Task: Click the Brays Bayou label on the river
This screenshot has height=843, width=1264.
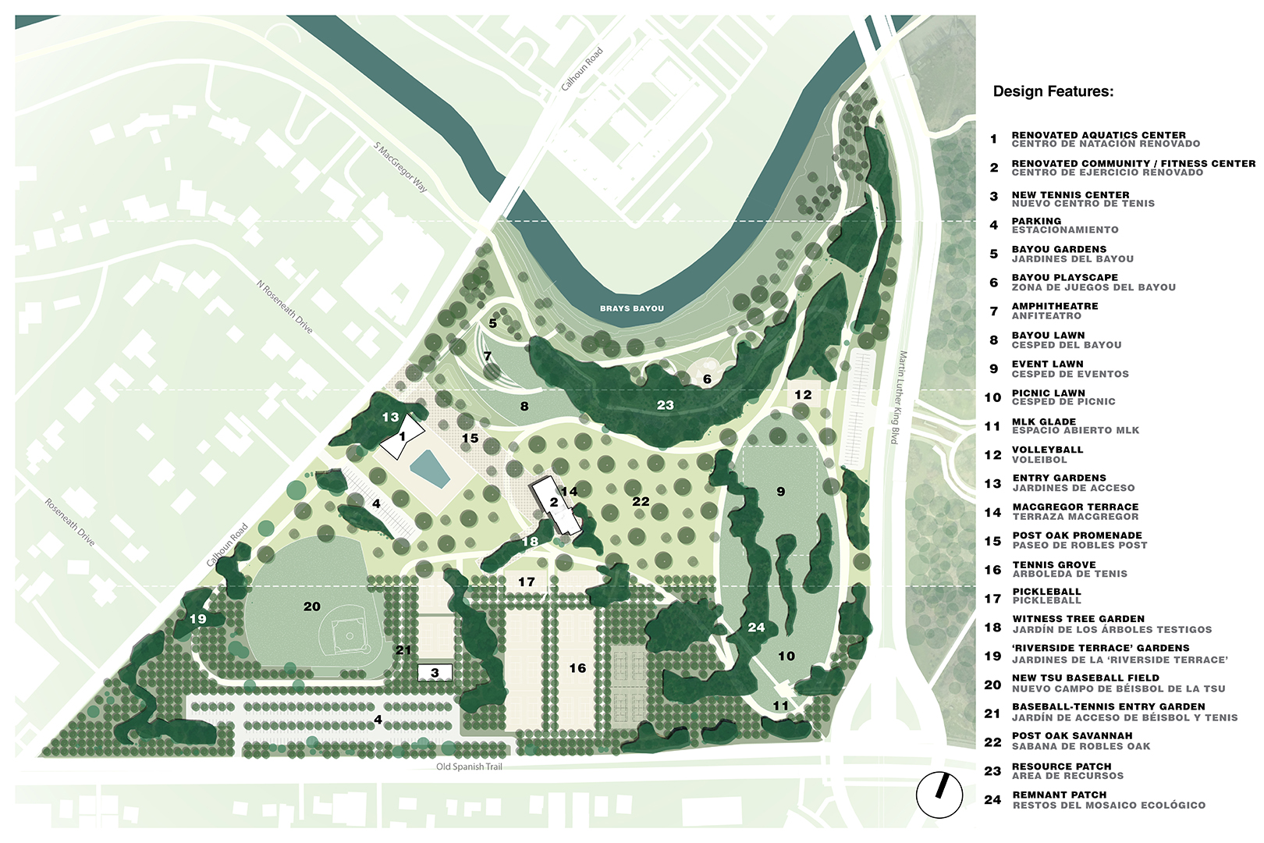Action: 631,308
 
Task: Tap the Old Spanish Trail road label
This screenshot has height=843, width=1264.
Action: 469,767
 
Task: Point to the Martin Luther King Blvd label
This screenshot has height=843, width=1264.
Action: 899,398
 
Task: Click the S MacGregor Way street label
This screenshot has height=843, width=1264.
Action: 400,167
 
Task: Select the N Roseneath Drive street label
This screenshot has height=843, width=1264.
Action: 285,307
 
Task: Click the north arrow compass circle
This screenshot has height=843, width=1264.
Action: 939,795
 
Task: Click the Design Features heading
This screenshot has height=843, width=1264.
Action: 1053,91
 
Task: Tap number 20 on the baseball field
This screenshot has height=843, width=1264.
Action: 312,606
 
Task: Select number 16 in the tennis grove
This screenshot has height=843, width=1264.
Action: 577,668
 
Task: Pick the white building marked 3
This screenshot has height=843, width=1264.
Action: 435,673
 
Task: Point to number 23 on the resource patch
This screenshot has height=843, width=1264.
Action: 665,405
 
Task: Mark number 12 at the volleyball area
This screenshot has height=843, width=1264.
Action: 803,395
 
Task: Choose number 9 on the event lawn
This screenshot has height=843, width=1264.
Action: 780,492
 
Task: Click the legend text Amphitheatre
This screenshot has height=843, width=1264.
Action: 1054,306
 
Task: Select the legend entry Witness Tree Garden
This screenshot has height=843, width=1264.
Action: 1078,619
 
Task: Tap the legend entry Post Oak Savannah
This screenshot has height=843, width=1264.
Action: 1071,735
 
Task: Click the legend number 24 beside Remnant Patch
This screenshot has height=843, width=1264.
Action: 992,800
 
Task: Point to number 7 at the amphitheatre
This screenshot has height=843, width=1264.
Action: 488,357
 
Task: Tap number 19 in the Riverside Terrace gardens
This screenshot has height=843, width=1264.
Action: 198,619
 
